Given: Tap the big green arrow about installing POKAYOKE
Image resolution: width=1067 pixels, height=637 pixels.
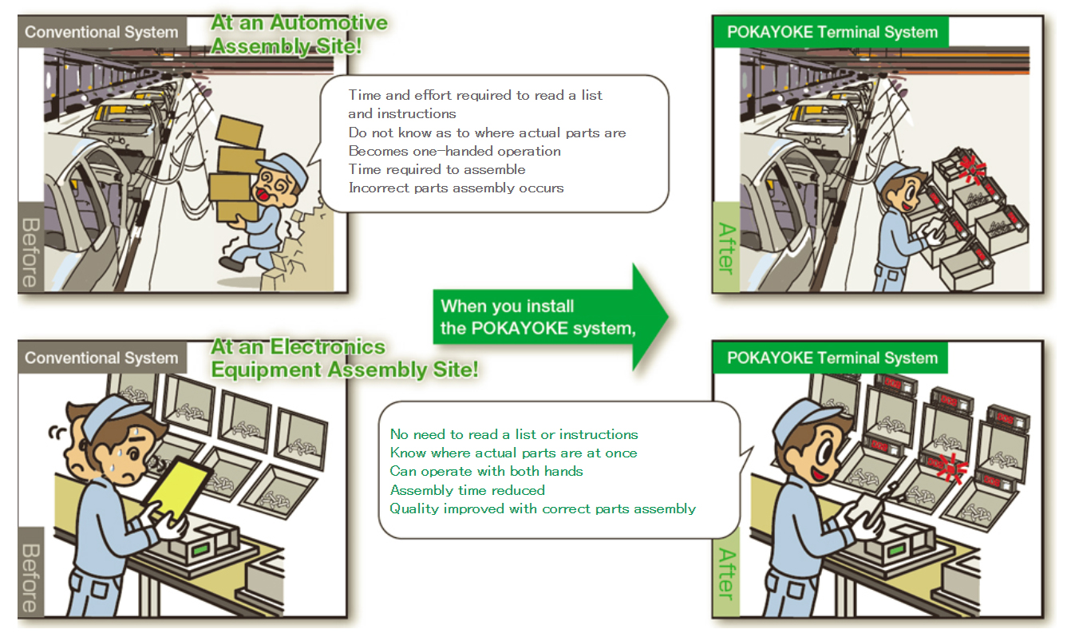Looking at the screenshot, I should pos(551,318).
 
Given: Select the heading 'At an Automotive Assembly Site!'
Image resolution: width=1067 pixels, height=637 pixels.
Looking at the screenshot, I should pos(299,34).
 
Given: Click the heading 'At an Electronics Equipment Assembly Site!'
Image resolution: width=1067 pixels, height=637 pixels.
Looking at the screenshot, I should pos(344,358).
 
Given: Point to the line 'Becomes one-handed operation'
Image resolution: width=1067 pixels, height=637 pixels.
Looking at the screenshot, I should pos(454,151).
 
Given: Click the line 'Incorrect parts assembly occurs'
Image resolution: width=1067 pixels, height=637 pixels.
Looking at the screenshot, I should pos(456,188).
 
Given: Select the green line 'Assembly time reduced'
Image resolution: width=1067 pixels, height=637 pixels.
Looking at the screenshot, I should pos(467,490).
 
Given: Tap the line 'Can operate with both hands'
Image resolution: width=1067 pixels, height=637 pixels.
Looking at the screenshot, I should pos(486,471).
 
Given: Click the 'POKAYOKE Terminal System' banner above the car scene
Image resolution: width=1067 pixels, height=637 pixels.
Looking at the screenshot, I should pos(832,33).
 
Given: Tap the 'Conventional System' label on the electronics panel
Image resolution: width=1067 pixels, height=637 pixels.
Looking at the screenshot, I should pos(101,358).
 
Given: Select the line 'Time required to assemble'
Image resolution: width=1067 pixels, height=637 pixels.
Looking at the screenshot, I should pos(437,169).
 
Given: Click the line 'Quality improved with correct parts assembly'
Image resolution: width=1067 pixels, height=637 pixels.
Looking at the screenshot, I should pos(543,508).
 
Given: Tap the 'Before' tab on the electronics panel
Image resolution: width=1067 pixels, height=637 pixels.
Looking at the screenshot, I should pos(30,578).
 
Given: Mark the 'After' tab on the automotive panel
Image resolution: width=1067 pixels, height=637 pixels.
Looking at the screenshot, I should pos(725,247).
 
